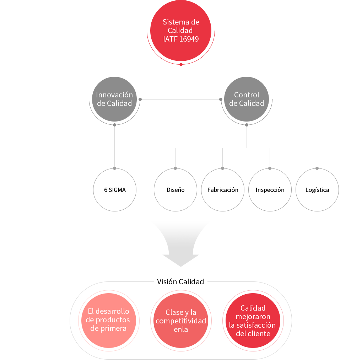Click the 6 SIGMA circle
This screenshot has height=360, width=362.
pos(115,190)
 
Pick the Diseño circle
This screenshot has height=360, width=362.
pos(175,190)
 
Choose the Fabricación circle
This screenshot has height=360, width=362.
pos(223,190)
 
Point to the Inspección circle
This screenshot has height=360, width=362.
pos(270,190)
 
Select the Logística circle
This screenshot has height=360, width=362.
pos(317,190)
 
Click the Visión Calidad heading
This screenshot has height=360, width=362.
pos(180,282)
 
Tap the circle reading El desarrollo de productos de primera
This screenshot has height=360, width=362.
pos(109,320)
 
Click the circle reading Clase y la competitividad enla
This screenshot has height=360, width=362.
pos(181,321)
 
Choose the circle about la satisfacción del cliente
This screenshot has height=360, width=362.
pos(253,321)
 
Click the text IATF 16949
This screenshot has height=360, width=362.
pos(181,39)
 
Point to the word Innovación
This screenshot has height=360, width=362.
pos(114,95)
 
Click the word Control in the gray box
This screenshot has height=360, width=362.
pos(247,95)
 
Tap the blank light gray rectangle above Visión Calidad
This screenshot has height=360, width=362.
pos(182,244)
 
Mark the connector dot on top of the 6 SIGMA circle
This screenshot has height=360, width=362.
pos(114,167)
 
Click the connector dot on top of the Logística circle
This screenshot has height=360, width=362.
pos(317,167)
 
